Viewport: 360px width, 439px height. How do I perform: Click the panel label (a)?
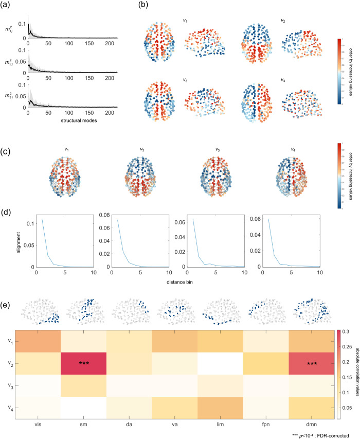pos(8,6)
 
